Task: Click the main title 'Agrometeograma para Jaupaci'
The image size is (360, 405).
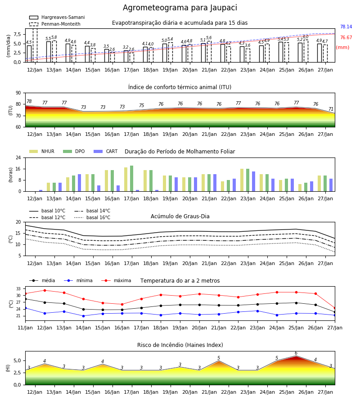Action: (x=180, y=8)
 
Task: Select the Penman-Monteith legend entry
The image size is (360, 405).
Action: (x=55, y=24)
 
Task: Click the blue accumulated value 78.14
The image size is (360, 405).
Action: (x=346, y=27)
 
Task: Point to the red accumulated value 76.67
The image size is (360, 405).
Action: (x=346, y=37)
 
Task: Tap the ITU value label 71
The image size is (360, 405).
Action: (x=331, y=109)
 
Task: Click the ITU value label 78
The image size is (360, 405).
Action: (x=29, y=102)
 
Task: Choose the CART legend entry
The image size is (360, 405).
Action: (x=105, y=151)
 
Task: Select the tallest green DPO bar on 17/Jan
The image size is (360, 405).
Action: (x=132, y=179)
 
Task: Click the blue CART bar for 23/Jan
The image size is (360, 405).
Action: (x=254, y=181)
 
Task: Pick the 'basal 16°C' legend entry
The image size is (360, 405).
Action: (x=92, y=217)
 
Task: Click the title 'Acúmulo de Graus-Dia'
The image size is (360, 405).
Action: (x=180, y=216)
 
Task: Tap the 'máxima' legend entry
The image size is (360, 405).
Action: (x=116, y=280)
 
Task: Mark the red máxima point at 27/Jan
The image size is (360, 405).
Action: (x=335, y=308)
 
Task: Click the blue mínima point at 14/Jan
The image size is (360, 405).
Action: (x=83, y=316)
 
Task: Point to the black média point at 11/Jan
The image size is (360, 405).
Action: (x=26, y=299)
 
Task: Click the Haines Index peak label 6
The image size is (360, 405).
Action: (x=296, y=353)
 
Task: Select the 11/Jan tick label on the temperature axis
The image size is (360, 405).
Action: (x=25, y=328)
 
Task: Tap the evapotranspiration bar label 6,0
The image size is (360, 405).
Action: (x=306, y=37)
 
